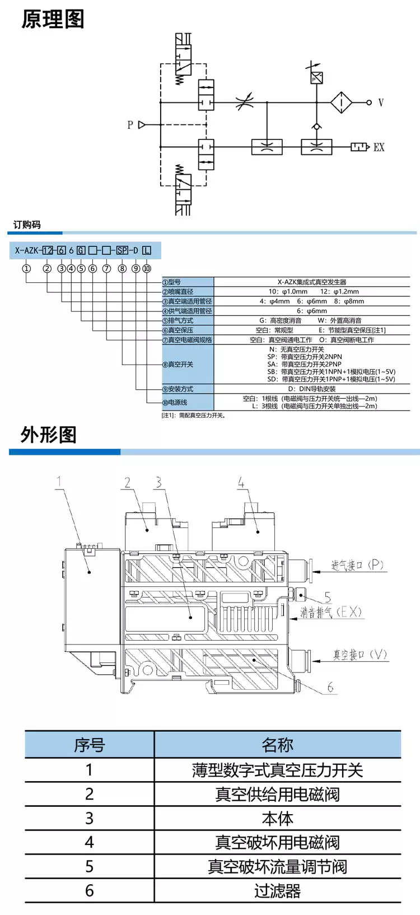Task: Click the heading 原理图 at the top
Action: (53, 20)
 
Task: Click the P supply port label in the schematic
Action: (130, 124)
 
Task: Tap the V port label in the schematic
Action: (381, 102)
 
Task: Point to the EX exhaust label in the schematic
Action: (379, 147)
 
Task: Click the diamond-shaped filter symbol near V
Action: (341, 102)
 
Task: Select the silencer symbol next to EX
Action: (360, 147)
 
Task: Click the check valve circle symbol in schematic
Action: (316, 127)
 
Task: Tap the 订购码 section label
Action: (26, 225)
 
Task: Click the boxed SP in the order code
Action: (122, 250)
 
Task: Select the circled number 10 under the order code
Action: (147, 268)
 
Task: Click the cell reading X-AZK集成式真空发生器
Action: (312, 282)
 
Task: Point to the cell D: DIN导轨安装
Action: (312, 389)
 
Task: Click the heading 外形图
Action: (49, 435)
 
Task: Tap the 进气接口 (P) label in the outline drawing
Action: (357, 565)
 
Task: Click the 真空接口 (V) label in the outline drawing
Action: (360, 654)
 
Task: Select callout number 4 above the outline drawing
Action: (241, 483)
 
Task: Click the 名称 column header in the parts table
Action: (277, 745)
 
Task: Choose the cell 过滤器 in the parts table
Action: (277, 890)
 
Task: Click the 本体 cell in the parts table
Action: (277, 818)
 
